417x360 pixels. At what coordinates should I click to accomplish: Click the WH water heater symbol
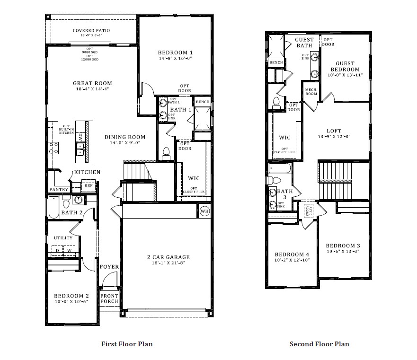pos(204,211)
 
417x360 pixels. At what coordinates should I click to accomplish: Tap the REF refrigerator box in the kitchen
pos(88,186)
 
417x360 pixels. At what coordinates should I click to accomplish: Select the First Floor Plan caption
pos(127,344)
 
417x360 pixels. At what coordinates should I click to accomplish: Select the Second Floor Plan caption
pos(319,344)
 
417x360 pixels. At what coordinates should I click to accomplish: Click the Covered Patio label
pos(91,31)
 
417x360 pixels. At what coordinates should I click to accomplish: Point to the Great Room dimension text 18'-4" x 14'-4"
pos(92,89)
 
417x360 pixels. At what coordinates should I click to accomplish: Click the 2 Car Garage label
pos(168,257)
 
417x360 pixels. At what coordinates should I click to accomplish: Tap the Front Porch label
pos(109,299)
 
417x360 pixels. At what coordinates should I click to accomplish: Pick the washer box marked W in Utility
pos(69,250)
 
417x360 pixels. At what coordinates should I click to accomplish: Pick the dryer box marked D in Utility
pos(58,250)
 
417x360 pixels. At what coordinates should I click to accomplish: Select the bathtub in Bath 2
pos(53,207)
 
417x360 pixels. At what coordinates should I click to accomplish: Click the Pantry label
pos(59,190)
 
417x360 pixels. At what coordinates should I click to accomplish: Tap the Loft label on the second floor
pos(334,131)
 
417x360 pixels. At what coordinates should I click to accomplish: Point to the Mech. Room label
pos(311,91)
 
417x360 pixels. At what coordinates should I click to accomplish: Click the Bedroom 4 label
pos(292,255)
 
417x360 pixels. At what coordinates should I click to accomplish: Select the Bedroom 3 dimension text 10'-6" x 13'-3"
pos(343,251)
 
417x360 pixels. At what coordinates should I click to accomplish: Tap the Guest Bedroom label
pos(348,66)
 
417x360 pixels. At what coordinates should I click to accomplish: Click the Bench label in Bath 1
pos(203,102)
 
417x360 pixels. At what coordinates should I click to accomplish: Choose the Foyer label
pos(109,267)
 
